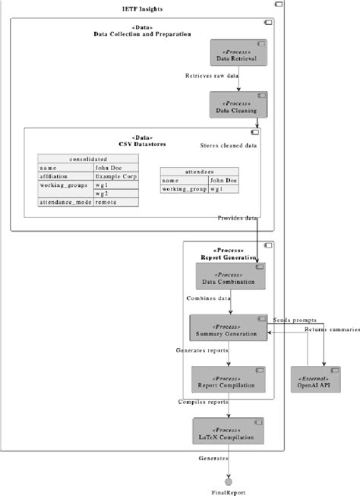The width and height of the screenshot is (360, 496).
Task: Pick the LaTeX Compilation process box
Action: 228,431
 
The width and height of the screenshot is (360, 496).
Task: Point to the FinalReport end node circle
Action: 229,482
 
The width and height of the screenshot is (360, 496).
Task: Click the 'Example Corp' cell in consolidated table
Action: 114,175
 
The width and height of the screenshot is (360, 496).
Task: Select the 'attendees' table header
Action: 198,172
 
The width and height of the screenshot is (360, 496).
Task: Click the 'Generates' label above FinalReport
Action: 213,459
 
